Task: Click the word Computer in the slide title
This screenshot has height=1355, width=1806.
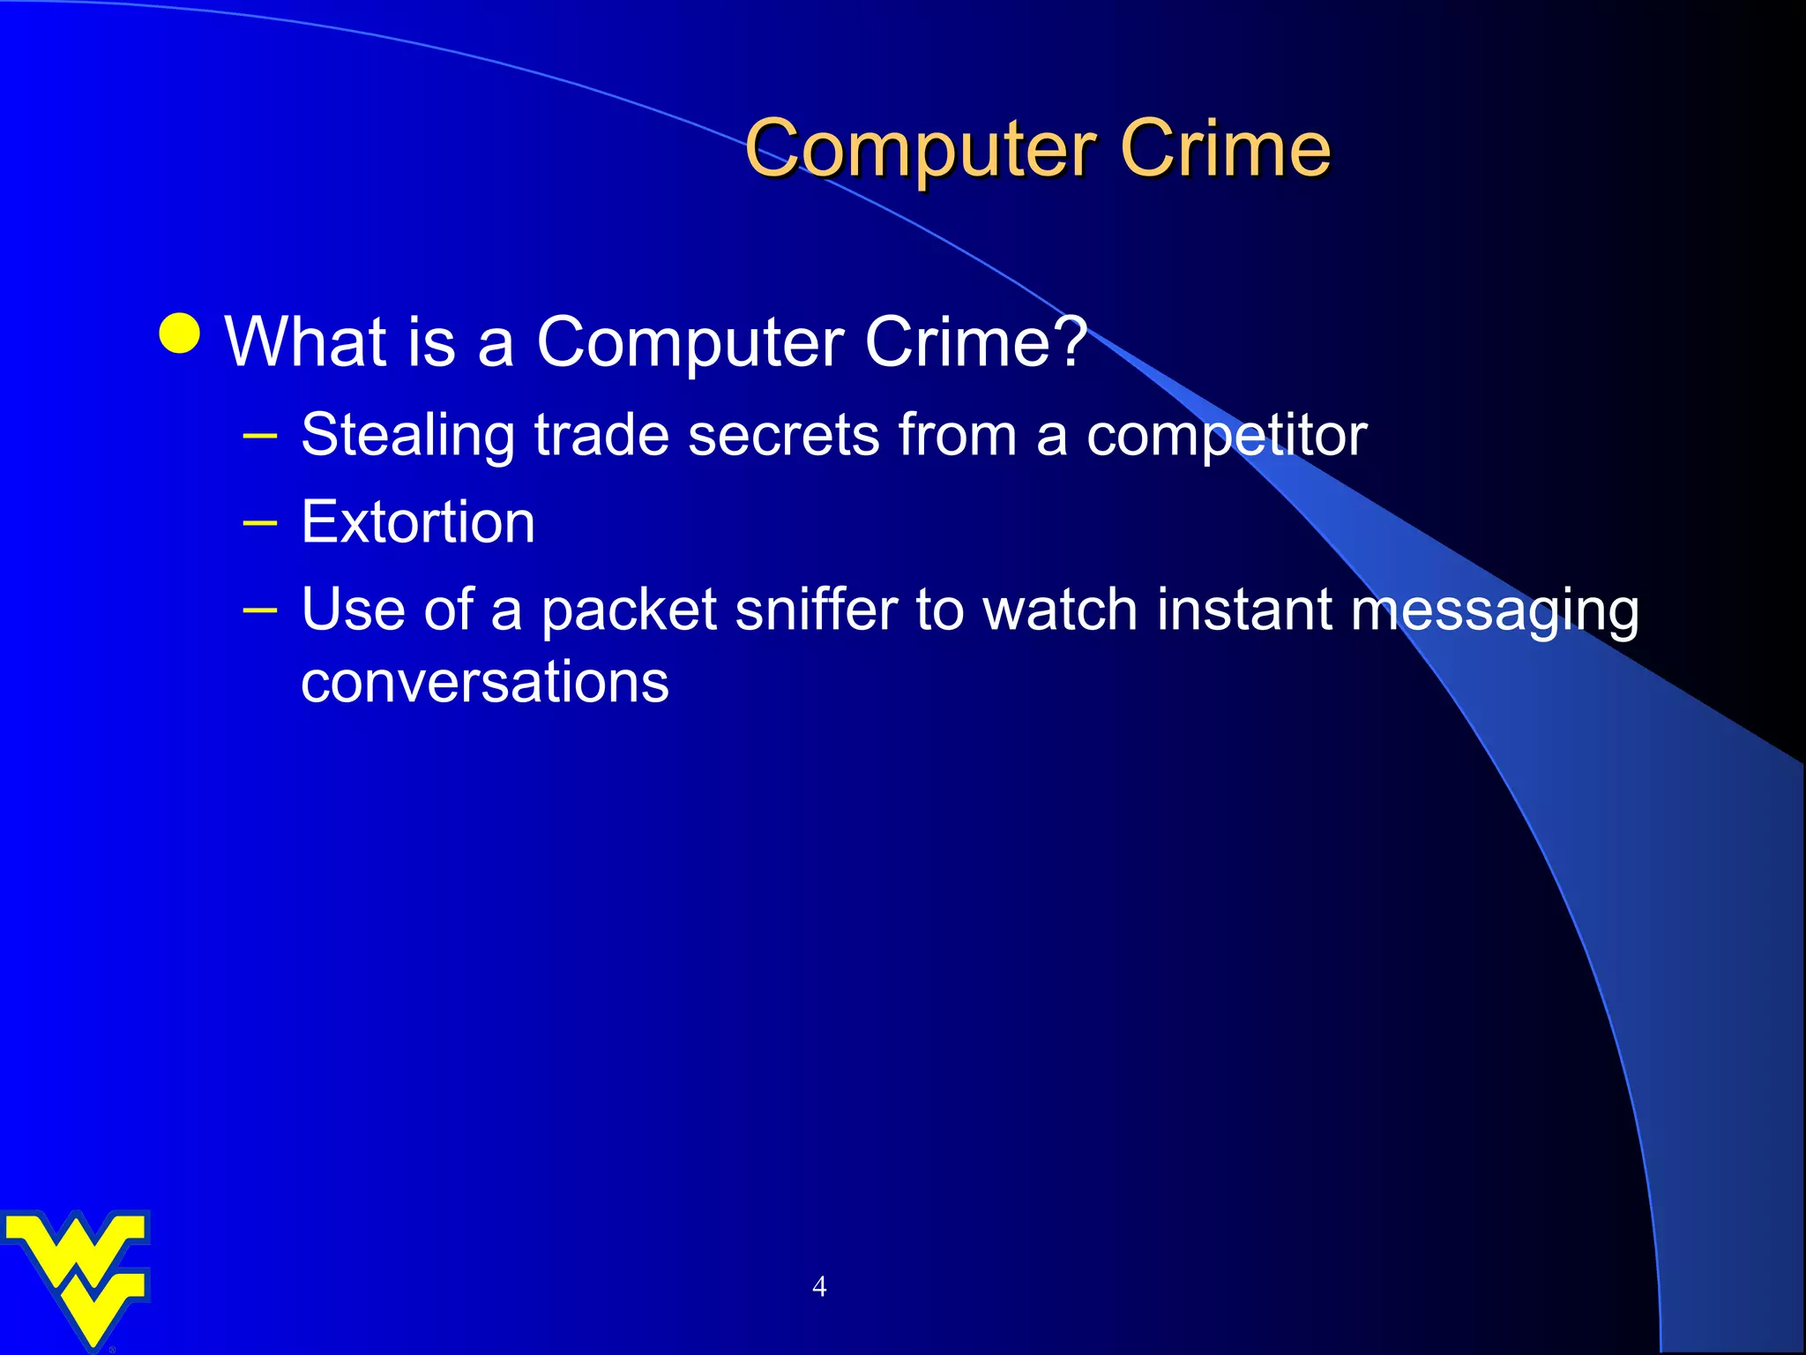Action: tap(921, 149)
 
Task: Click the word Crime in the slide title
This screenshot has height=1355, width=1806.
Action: tap(1225, 149)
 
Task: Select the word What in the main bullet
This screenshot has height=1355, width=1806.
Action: tap(305, 341)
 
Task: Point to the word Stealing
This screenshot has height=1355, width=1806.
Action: tap(407, 436)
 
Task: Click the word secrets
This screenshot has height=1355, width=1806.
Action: tap(783, 436)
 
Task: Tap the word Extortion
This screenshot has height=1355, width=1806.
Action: tap(418, 522)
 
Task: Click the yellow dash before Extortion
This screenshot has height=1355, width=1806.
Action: tap(260, 523)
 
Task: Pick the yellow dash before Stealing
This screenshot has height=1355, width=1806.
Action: tap(260, 436)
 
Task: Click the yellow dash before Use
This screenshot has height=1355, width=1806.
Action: tap(260, 610)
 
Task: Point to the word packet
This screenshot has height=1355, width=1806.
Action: tap(629, 611)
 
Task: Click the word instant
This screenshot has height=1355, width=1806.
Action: tap(1244, 610)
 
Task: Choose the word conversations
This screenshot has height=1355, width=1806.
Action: tap(485, 682)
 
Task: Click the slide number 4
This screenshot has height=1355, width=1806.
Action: tap(819, 1287)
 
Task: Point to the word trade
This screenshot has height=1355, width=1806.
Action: tap(601, 436)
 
